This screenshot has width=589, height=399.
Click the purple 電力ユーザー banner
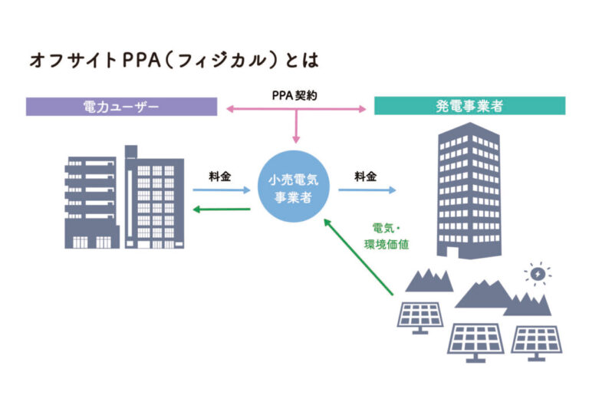click(120, 106)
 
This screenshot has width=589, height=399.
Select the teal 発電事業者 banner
click(469, 106)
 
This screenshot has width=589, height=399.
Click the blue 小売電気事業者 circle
click(294, 189)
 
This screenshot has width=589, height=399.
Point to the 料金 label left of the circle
click(219, 176)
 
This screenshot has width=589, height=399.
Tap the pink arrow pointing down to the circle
click(295, 127)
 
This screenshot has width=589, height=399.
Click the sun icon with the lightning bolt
click(538, 273)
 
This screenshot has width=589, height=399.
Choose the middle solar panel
click(475, 341)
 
